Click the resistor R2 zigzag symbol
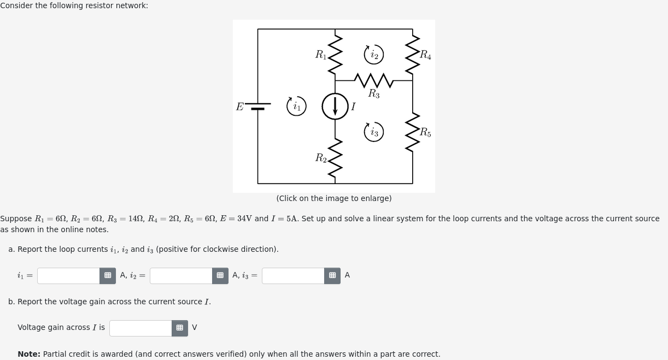[x=335, y=158]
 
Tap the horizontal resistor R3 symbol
[x=374, y=80]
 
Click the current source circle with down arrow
[x=335, y=106]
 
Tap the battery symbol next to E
[x=258, y=106]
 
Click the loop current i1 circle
[x=296, y=106]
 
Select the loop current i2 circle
[x=374, y=54]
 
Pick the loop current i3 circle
[x=374, y=132]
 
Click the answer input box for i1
[x=69, y=276]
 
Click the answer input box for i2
[x=181, y=276]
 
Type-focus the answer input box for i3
[x=293, y=276]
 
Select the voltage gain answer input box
[x=140, y=328]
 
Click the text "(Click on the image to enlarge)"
[x=334, y=198]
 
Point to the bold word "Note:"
[x=29, y=354]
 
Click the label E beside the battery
[x=239, y=107]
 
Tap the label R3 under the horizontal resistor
[x=374, y=94]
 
